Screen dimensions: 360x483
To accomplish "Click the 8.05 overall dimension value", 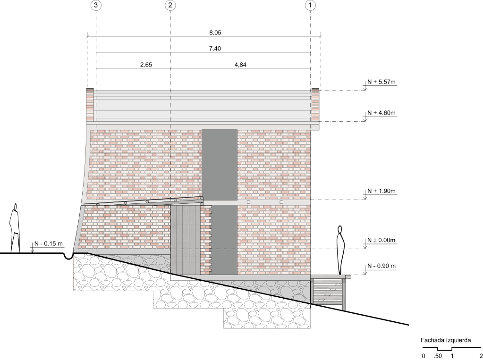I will [215, 33].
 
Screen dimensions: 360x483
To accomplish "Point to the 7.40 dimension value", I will [215, 49].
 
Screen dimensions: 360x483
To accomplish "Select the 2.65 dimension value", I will [146, 65].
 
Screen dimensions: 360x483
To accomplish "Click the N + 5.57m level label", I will [381, 82].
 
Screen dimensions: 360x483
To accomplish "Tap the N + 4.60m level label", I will [381, 113].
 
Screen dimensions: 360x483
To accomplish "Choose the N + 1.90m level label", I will [381, 191].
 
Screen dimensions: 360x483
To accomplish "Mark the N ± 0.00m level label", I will [381, 240].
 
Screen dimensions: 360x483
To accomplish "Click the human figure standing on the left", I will [16, 228].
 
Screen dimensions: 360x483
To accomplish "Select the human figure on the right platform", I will [340, 250].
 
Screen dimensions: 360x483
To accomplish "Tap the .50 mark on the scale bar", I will [438, 355].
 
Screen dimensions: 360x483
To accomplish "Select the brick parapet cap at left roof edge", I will [90, 104].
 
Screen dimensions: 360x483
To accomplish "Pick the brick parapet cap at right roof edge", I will [315, 104].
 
